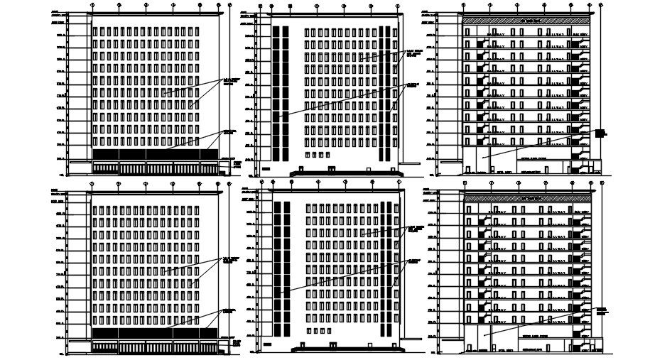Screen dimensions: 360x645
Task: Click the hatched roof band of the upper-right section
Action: pos(526,21)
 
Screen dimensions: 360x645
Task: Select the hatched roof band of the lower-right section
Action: pos(529,198)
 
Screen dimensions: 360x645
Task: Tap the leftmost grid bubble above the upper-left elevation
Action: pos(92,5)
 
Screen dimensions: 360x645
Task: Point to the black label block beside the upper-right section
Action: pos(600,133)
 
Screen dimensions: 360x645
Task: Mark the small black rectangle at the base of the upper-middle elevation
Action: pos(266,169)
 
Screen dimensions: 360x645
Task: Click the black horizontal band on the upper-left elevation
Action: pos(155,154)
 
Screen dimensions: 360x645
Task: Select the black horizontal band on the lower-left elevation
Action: pos(155,332)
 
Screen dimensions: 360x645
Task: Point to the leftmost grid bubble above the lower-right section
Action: pos(464,182)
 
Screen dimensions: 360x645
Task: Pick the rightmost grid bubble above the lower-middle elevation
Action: pos(399,182)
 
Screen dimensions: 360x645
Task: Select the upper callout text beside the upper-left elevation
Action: pos(227,80)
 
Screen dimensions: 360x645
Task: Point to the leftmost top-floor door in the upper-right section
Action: pos(467,33)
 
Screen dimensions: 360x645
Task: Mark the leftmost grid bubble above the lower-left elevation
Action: pos(92,183)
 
